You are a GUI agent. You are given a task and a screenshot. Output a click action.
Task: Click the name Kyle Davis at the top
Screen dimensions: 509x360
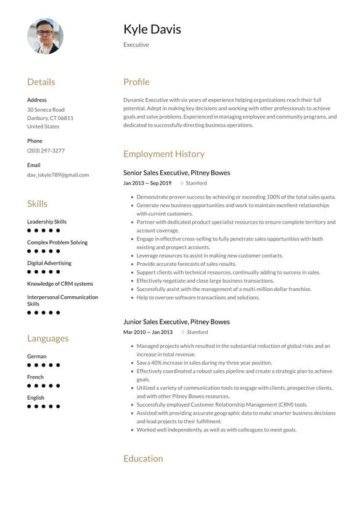coord(152,29)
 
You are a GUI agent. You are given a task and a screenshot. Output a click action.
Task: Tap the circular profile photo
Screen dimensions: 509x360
coord(45,36)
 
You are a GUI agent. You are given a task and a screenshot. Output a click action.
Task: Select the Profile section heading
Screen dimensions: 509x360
coord(136,82)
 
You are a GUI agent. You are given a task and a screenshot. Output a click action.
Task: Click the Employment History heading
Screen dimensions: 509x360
coord(163,154)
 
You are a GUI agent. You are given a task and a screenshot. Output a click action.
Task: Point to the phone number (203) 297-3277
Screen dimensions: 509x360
coord(46,151)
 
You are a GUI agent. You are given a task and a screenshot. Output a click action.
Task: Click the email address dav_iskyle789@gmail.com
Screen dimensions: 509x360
coord(58,175)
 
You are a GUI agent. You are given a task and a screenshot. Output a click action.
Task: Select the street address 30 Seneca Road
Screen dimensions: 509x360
coord(46,109)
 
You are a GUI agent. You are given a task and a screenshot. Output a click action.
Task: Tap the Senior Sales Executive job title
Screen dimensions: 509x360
coord(176,173)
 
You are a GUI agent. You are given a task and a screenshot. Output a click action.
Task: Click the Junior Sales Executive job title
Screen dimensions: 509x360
coord(176,321)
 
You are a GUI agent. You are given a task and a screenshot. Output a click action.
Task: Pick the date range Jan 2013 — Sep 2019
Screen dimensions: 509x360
coord(147,183)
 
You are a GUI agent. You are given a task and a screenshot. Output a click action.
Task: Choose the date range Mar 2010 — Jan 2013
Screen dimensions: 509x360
coord(148,332)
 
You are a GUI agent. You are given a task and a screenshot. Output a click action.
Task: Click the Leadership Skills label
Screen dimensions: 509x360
coord(47,221)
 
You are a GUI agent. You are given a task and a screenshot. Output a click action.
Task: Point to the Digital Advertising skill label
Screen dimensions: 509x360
coord(49,263)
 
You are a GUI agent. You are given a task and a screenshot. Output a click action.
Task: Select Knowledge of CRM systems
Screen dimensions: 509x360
coord(60,284)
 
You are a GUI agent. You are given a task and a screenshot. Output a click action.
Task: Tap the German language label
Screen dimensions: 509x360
coord(36,356)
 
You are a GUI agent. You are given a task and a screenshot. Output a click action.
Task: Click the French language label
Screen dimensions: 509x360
coord(35,377)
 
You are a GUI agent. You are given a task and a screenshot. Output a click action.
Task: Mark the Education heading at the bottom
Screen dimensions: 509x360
coord(143,458)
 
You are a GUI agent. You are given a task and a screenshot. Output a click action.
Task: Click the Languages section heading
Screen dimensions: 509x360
coord(48,338)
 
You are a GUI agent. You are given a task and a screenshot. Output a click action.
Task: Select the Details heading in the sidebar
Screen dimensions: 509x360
coord(41,82)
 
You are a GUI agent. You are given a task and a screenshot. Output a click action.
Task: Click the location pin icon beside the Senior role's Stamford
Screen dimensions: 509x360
coord(182,183)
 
